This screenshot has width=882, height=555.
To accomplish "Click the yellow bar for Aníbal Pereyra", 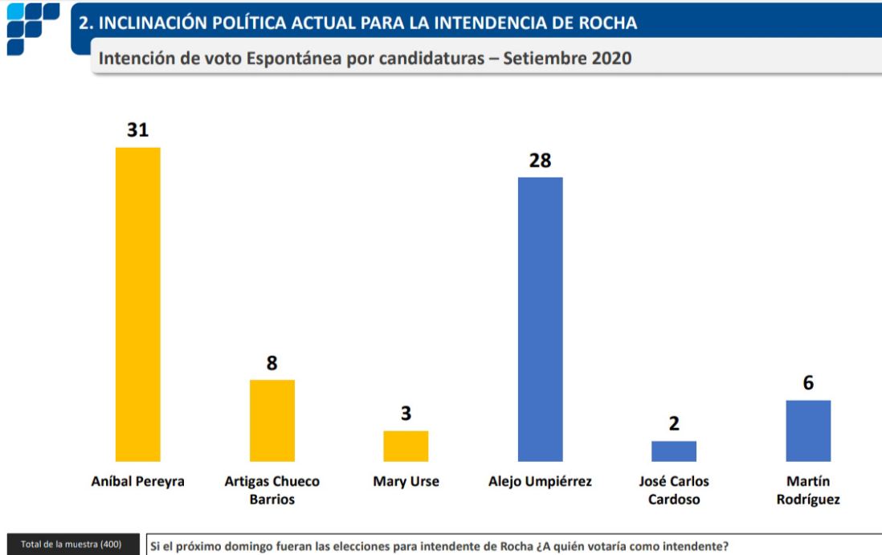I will click(138, 304).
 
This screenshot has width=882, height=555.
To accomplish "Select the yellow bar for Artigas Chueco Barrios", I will click(272, 421).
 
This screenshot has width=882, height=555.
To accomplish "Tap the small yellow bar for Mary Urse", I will click(406, 447).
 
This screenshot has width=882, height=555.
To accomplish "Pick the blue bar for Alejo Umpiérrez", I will click(540, 319).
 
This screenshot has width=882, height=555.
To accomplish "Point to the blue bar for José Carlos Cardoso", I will click(674, 451).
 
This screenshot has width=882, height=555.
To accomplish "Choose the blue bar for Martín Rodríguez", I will click(808, 431).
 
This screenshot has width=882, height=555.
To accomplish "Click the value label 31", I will click(138, 130).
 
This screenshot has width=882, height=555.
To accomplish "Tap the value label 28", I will click(540, 160).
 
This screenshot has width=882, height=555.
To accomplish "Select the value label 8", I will click(272, 363).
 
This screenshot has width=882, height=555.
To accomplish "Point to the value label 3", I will click(406, 414).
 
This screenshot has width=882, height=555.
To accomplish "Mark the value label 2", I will click(674, 424).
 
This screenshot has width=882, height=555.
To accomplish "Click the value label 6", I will click(808, 383).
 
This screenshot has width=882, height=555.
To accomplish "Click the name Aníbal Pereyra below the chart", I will click(138, 482).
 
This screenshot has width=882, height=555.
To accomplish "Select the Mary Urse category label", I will click(406, 482).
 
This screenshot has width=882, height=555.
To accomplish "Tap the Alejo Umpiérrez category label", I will click(540, 482).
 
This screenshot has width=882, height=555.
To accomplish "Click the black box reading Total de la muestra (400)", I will click(72, 545).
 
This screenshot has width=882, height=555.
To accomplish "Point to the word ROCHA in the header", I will click(609, 22).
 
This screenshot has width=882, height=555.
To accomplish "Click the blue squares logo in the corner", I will click(32, 27).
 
